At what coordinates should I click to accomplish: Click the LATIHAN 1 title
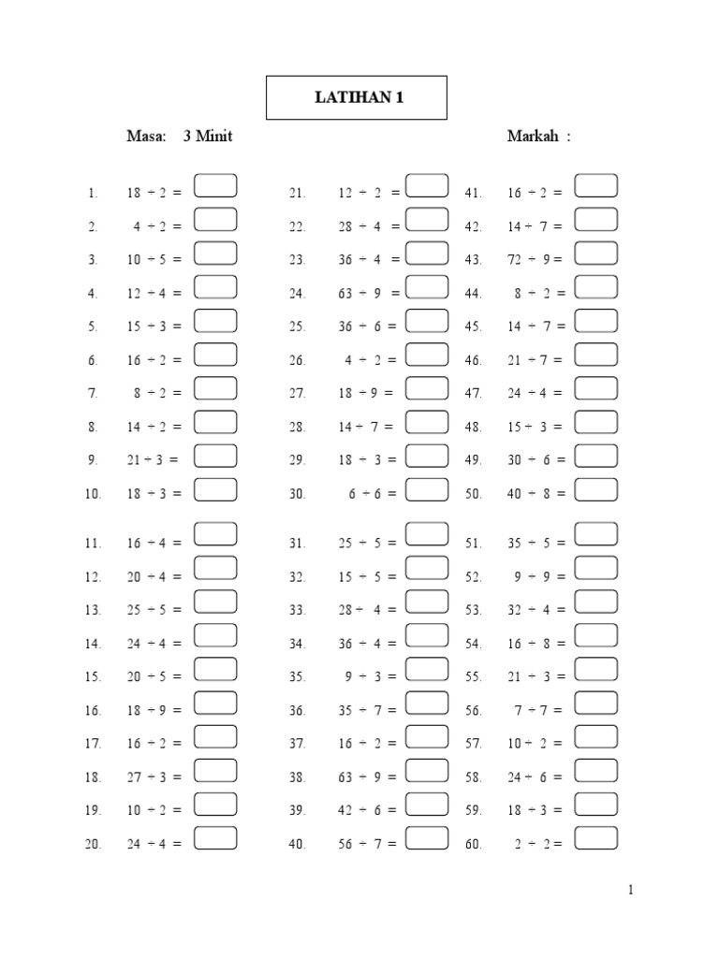pos(356,97)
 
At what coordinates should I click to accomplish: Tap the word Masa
pos(145,137)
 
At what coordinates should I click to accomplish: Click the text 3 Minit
pos(208,137)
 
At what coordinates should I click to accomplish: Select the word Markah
pos(534,137)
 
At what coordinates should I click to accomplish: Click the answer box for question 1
pos(215,185)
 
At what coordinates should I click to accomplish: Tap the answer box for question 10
pos(215,489)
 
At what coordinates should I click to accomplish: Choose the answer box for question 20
pos(215,838)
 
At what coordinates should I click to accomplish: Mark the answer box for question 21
pos(427,185)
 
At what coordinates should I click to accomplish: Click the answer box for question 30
pos(427,489)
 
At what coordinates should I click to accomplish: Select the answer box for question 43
pos(595,253)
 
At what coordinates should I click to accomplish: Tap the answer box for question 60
pos(595,838)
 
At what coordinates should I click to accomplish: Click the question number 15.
pos(93,677)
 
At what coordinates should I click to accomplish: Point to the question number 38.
pos(298,777)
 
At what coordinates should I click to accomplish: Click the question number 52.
pos(473,577)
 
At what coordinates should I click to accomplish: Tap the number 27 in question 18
pos(135,777)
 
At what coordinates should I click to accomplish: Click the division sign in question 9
pos(149,460)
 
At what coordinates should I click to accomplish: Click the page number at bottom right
pos(631,891)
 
